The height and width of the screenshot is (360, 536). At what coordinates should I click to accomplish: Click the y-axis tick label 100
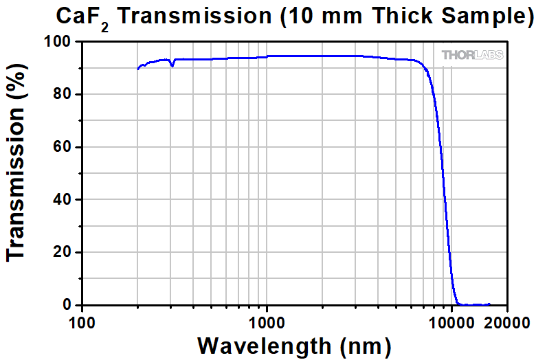[58, 43]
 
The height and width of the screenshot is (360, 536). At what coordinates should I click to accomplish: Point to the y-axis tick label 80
[62, 95]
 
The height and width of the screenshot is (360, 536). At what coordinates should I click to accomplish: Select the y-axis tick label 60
[62, 147]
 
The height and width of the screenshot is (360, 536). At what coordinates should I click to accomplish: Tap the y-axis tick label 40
[62, 200]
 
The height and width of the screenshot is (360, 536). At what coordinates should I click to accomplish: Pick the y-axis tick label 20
[62, 252]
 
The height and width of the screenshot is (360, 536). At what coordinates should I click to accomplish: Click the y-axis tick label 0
[67, 305]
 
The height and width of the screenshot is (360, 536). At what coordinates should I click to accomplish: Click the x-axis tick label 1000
[267, 322]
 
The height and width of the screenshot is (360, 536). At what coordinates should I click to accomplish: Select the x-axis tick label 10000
[450, 322]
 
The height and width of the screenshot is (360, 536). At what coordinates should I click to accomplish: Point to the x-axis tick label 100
[82, 322]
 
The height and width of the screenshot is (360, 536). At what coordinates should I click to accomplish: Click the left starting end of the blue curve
[138, 69]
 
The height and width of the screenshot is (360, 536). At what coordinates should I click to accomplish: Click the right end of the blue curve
[490, 304]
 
